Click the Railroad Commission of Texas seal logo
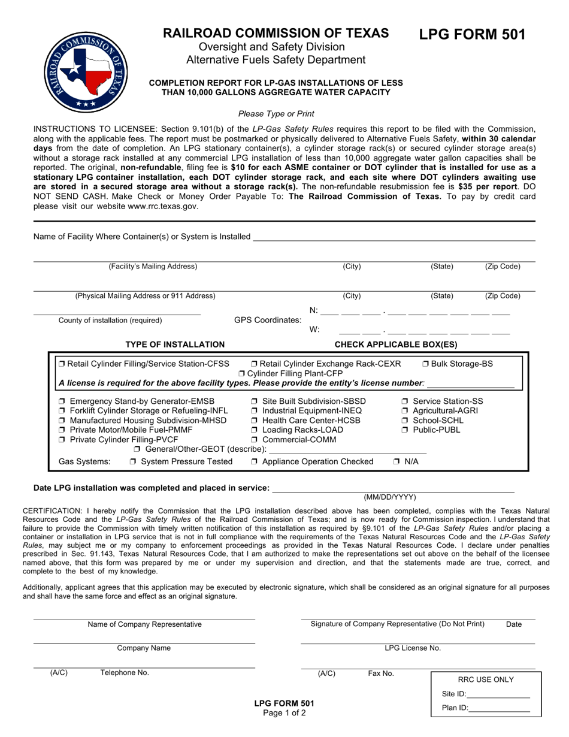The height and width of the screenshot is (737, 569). (87, 71)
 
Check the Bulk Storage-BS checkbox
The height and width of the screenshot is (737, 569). (425, 364)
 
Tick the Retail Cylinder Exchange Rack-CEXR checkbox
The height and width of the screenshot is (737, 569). (255, 364)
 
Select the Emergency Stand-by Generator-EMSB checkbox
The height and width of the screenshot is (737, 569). (63, 401)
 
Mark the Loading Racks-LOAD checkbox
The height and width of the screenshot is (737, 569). (255, 430)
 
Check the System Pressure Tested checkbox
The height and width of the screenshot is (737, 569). (133, 461)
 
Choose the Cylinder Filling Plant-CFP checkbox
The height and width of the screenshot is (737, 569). (242, 373)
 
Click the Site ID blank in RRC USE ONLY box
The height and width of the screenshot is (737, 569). (498, 694)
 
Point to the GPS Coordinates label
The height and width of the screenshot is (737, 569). (267, 320)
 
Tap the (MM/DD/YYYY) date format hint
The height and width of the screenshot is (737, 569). (389, 497)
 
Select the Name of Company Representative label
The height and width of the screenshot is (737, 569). (144, 624)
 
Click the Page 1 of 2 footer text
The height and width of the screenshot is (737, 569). (284, 713)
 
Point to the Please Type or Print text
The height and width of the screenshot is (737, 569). (276, 113)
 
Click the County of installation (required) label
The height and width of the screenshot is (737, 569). (110, 320)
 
